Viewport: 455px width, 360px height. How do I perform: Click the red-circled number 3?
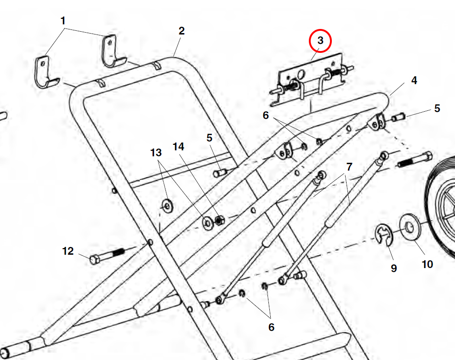click(x=320, y=40)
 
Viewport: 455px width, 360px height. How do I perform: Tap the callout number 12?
click(x=68, y=251)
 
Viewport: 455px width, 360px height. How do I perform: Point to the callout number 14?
click(x=178, y=147)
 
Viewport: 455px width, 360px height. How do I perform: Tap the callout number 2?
click(x=182, y=31)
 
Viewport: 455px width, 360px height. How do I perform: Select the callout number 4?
click(x=414, y=80)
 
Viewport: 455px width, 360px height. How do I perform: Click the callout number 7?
click(x=349, y=166)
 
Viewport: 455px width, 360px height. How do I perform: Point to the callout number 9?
click(x=393, y=268)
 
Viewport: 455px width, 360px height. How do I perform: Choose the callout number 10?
click(x=427, y=264)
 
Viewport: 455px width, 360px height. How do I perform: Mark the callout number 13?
click(x=156, y=152)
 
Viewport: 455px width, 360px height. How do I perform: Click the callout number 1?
click(x=63, y=21)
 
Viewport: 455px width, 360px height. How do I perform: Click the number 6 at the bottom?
click(x=271, y=327)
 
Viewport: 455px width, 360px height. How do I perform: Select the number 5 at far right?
click(x=437, y=109)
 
